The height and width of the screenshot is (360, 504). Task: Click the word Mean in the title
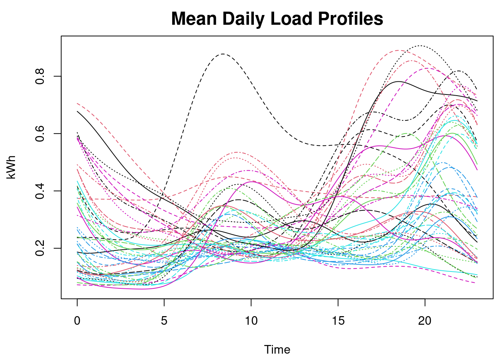point(194,19)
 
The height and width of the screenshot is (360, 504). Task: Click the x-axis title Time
point(277,349)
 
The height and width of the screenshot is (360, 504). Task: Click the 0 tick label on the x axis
point(77,321)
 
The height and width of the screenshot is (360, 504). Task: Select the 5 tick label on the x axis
point(164,321)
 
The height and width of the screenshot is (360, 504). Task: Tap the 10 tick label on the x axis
point(251,321)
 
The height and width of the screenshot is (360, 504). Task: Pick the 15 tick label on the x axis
point(338,321)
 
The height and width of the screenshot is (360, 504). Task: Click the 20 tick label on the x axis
point(425,321)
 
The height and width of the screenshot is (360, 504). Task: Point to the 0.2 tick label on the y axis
point(40,248)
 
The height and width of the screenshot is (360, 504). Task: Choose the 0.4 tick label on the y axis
point(40,191)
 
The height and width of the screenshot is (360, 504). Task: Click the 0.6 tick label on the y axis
point(40,133)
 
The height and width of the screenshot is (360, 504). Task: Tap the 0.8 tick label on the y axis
point(40,76)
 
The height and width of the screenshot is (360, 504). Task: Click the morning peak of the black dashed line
point(223,54)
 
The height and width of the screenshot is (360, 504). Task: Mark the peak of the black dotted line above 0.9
point(420,46)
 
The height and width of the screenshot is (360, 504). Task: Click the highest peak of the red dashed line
point(398,50)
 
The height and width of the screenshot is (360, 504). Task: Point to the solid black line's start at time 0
point(77,111)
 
